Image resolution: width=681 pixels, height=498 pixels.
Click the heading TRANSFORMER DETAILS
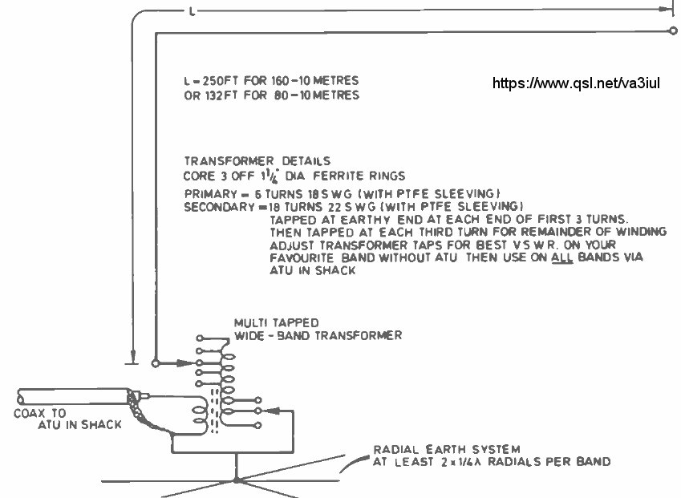[257, 160]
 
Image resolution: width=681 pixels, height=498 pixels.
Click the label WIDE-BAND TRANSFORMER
[318, 335]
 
